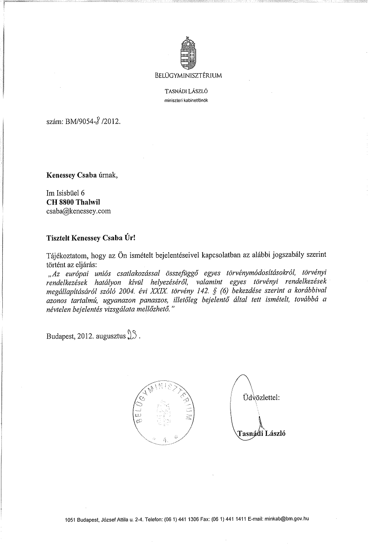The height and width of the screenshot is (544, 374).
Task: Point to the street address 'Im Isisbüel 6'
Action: pos(65,192)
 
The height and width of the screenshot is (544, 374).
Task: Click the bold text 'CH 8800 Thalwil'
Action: pos(73,201)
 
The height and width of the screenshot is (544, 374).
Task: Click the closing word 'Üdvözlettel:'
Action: pos(260,398)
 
